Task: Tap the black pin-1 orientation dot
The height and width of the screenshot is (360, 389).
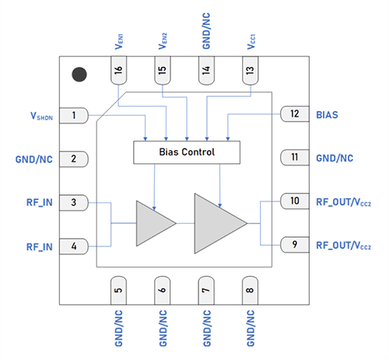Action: pyautogui.click(x=79, y=75)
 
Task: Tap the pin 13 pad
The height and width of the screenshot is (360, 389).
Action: pyautogui.click(x=250, y=74)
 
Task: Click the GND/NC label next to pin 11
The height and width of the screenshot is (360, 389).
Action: pyautogui.click(x=335, y=158)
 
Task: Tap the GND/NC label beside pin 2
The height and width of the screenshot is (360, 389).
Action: pyautogui.click(x=34, y=159)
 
